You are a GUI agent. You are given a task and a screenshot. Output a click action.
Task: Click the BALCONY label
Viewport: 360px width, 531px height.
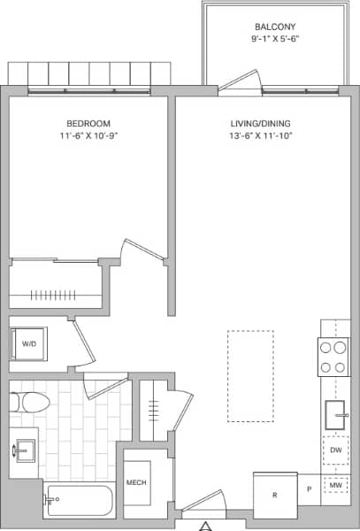tap(275, 27)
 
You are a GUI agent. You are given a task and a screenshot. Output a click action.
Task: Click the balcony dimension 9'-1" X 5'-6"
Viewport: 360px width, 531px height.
tap(275, 40)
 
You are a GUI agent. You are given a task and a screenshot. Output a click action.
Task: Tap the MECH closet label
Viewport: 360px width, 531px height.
tap(136, 482)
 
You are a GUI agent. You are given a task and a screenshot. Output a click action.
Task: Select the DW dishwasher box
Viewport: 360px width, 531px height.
tap(335, 450)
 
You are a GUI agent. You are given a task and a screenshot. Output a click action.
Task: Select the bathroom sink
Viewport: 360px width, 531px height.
tap(24, 449)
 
